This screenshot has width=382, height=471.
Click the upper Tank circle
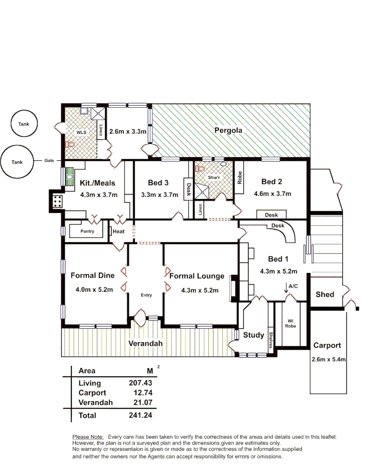24,124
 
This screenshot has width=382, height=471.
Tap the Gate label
49,160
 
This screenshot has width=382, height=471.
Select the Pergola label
228,130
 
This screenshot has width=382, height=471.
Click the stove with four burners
57,201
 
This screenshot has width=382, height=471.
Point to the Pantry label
87,231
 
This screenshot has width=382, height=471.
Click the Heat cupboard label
119,232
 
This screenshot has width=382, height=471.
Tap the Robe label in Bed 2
240,177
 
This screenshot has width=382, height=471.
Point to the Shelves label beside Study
271,340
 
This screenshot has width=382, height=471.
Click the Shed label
325,294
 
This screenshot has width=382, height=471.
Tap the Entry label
146,295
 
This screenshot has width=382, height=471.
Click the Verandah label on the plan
145,343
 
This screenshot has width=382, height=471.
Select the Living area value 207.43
140,383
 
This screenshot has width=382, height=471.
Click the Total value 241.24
140,415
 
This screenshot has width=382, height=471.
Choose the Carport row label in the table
92,392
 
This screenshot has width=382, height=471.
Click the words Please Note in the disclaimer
88,437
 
